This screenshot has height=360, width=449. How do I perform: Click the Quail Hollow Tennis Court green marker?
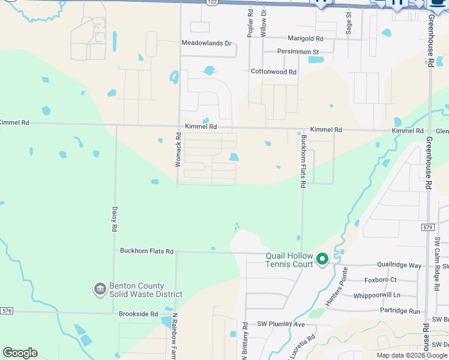point(322,259)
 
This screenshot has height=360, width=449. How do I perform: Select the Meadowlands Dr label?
point(206,43)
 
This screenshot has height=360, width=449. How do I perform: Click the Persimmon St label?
point(298,52)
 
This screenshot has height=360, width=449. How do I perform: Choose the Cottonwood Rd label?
point(274,72)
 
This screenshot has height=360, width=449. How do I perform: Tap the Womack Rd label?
point(178,154)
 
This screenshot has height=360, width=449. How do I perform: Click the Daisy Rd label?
point(114,219)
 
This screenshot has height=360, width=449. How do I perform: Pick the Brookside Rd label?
point(137,314)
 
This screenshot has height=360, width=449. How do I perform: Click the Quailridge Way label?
point(399,265)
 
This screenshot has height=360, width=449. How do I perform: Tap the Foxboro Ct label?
point(381,280)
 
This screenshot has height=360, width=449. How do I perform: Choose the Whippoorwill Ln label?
point(376,295)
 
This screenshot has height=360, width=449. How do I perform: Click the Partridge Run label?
point(400,311)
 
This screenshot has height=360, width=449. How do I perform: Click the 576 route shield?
point(7,310)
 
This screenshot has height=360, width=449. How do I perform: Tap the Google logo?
point(20,353)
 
